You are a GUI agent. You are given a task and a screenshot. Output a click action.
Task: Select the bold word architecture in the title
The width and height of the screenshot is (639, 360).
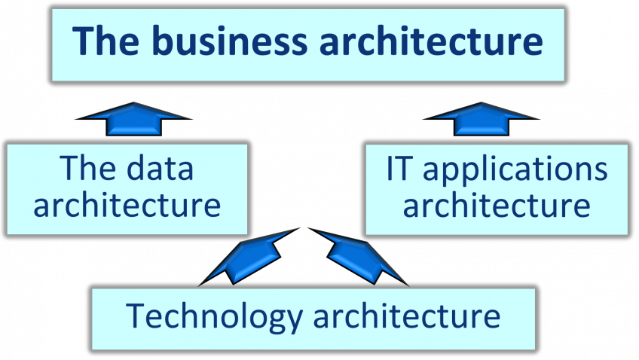[x=429, y=41]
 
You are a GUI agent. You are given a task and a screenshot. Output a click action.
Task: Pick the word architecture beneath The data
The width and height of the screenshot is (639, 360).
[x=127, y=205]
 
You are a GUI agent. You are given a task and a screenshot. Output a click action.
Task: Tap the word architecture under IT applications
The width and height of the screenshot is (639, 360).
[x=497, y=205]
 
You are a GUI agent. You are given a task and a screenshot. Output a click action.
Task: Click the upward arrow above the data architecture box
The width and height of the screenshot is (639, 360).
[x=133, y=119]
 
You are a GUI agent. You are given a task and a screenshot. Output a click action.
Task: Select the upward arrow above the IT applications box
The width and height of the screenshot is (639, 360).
[x=481, y=119]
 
